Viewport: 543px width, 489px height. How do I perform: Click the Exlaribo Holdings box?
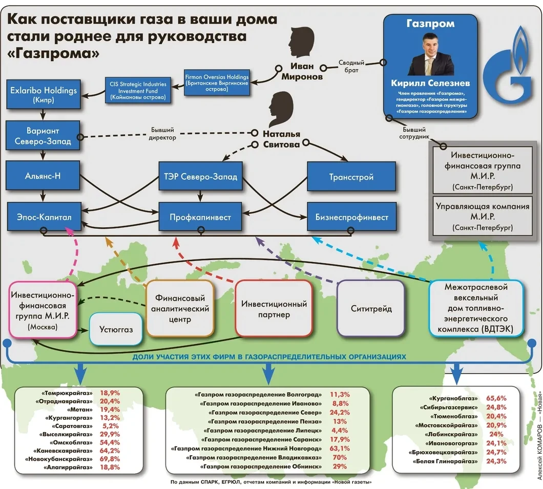tap(44, 95)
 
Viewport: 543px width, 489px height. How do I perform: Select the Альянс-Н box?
tap(43, 177)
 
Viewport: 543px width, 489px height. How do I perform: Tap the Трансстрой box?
tap(351, 177)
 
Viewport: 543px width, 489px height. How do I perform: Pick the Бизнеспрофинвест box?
tap(351, 217)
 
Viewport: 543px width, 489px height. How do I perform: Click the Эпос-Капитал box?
tap(44, 217)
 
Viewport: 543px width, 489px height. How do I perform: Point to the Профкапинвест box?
tap(200, 217)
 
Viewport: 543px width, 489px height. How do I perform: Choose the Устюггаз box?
tap(115, 329)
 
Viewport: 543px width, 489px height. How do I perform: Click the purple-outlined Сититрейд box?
tap(371, 308)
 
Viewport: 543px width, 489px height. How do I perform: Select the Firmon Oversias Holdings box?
tap(217, 82)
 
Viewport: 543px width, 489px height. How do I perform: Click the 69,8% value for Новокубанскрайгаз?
tap(110, 459)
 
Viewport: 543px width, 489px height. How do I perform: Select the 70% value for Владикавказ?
tap(340, 457)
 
